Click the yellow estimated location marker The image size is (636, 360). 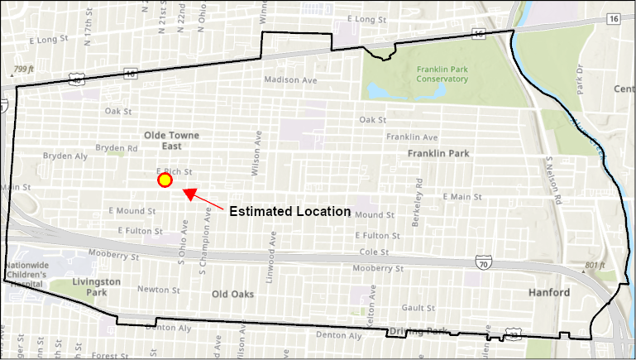click(x=165, y=180)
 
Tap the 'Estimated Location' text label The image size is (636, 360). click(x=289, y=211)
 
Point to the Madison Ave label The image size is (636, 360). click(x=291, y=80)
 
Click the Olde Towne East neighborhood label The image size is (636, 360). click(x=172, y=140)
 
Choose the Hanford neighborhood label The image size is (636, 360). click(x=548, y=293)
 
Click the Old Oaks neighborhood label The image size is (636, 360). click(x=232, y=294)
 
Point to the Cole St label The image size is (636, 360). click(x=374, y=252)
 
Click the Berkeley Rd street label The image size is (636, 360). click(x=419, y=191)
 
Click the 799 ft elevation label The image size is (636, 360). click(x=24, y=70)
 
